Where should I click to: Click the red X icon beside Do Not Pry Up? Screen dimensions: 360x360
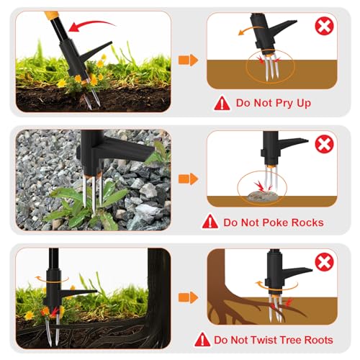[x=325, y=27]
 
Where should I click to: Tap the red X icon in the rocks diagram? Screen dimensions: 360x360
[x=325, y=145]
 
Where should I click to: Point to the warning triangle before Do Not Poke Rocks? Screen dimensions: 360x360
[x=211, y=222]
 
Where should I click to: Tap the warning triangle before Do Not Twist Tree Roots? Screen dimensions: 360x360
[x=202, y=339]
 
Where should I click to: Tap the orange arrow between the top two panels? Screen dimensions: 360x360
[x=189, y=60]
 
